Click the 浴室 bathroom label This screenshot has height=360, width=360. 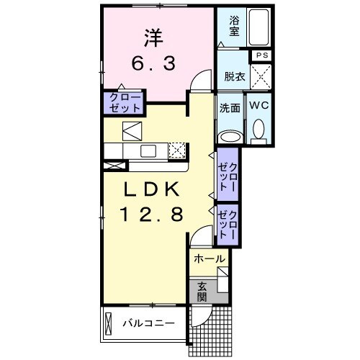pos(234,26)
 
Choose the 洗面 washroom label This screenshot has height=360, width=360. pos(230,107)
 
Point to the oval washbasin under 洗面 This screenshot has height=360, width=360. pos(230,135)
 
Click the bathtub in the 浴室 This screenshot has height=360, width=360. pos(258,27)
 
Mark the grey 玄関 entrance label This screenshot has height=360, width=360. pos(202,292)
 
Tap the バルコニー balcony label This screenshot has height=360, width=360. pos(148,324)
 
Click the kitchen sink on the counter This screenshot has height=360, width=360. pos(148,150)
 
